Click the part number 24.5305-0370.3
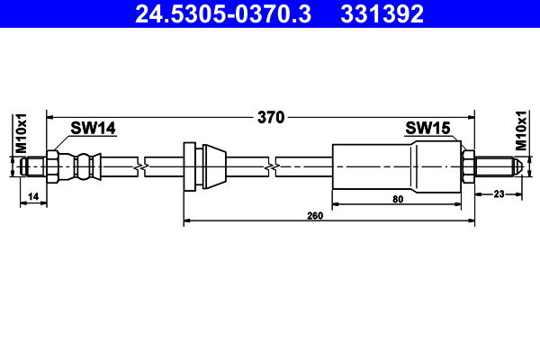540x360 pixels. [x=223, y=13]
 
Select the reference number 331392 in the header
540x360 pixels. [x=382, y=13]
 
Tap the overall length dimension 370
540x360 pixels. [x=271, y=118]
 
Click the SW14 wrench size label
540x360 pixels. [x=94, y=128]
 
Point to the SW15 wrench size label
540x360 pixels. [x=427, y=128]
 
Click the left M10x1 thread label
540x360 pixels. [x=22, y=133]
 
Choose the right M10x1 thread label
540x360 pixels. [x=521, y=130]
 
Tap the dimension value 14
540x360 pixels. [x=33, y=197]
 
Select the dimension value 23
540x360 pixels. [x=499, y=194]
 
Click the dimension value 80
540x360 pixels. [x=398, y=200]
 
